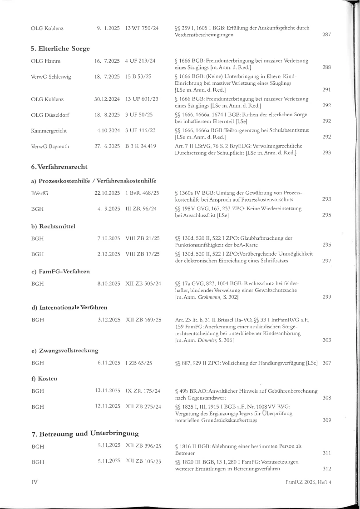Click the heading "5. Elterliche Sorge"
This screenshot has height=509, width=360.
point(60,49)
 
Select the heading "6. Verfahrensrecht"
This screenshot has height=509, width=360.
point(59,168)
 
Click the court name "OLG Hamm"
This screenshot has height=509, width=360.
point(46,61)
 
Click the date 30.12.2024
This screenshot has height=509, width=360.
point(107,99)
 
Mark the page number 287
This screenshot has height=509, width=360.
point(326,35)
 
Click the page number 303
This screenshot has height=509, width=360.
point(326,340)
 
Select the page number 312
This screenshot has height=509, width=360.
point(326,469)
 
